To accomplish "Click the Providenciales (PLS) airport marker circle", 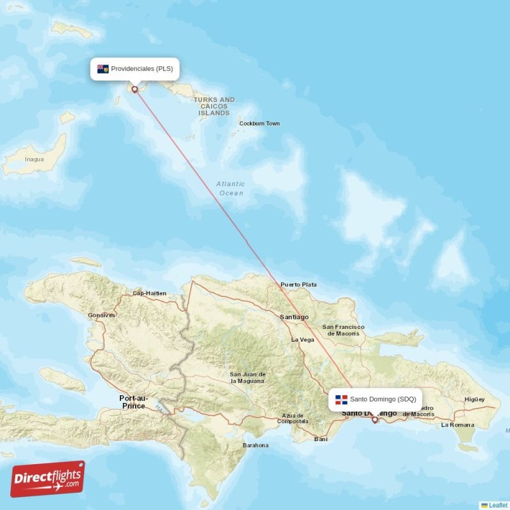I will [135, 89].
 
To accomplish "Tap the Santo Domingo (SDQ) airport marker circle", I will [375, 419].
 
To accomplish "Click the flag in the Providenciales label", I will [102, 69].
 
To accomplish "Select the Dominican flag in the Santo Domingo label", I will [341, 400].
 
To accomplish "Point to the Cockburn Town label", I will [259, 124].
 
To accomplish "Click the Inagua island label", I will [34, 159].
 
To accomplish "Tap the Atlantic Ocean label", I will [230, 188].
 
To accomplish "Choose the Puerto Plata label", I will [298, 284].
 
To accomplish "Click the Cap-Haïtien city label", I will [149, 293].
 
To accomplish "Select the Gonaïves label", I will [101, 315].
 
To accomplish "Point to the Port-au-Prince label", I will [133, 402].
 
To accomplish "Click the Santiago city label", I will [294, 317].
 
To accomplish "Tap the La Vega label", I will [302, 340].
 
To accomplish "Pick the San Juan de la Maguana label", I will [247, 377].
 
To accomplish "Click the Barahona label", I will [255, 446].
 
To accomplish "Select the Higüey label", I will [474, 400].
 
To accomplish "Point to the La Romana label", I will [458, 425].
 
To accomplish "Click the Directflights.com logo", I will [48, 479].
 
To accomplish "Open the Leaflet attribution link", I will [498, 505].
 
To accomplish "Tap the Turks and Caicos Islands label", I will [214, 106].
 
